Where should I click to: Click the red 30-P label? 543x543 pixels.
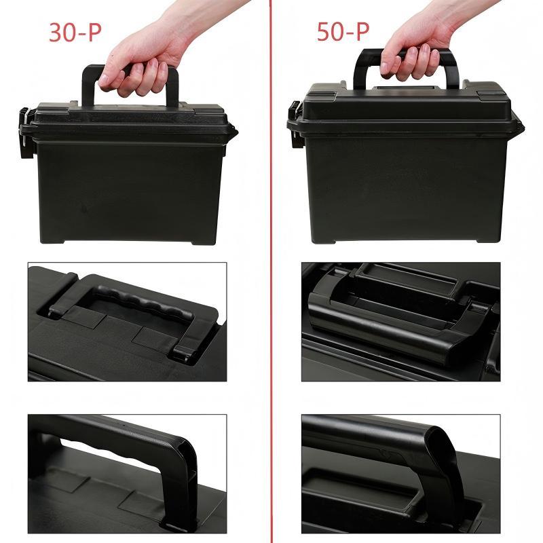[75, 32]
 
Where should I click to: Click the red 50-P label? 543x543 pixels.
[343, 31]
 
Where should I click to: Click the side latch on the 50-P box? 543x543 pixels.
[295, 125]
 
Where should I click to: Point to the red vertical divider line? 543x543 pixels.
[271, 271]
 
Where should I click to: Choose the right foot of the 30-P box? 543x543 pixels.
[204, 242]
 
